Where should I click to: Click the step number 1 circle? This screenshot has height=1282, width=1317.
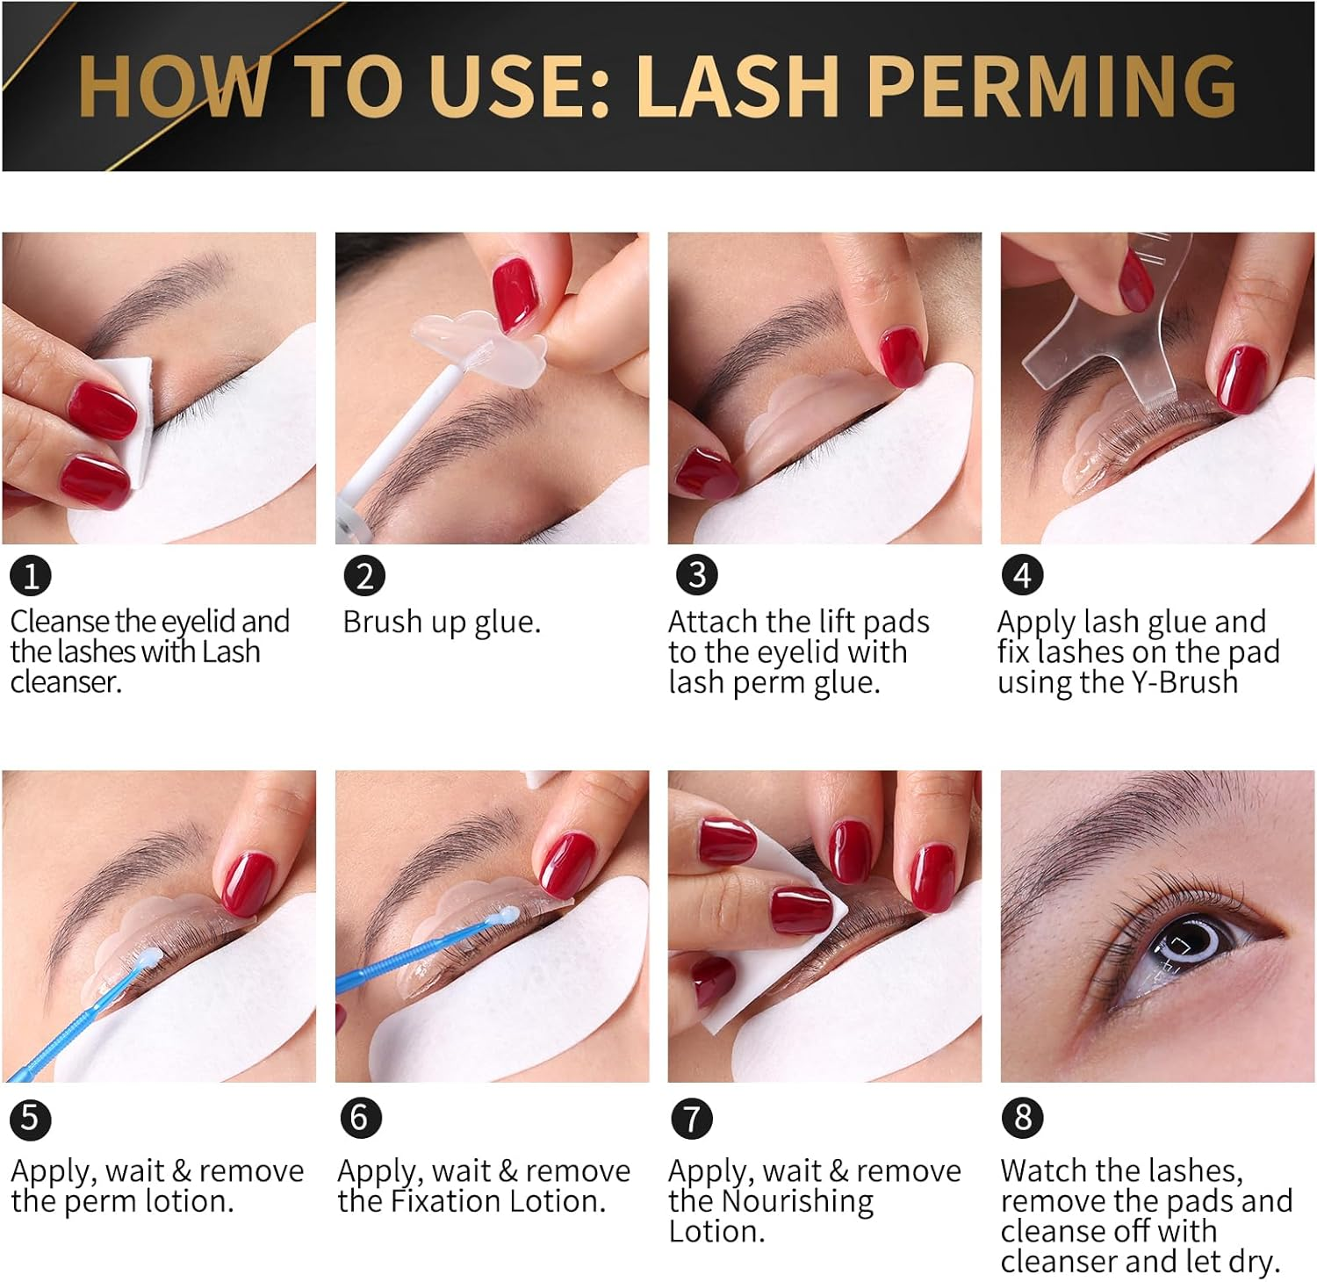point(31,576)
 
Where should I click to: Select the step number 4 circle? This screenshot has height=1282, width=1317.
point(1022,575)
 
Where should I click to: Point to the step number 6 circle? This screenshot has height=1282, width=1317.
point(360,1118)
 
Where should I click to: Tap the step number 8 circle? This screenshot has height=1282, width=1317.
point(1022,1118)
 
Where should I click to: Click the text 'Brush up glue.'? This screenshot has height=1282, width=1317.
point(441,622)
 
